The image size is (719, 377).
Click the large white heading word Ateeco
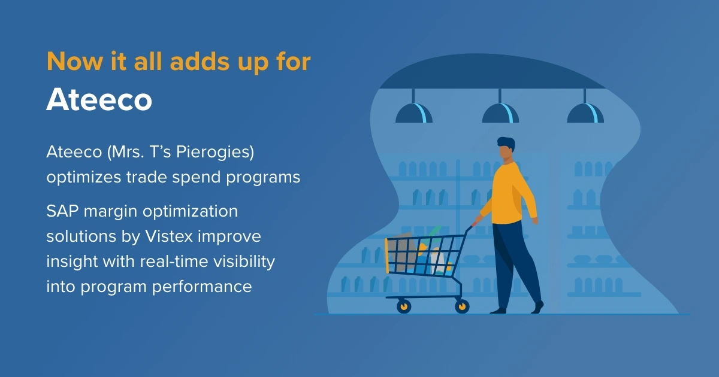coord(99,99)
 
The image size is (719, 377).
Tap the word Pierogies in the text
coord(215,152)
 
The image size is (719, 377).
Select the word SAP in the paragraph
coord(62,211)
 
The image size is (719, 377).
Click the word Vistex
coord(169,236)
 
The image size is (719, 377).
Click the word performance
coord(202,287)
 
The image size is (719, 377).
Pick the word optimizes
coord(84,178)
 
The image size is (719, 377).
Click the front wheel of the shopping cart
coord(404,306)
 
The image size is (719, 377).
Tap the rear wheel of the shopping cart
coord(462,306)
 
